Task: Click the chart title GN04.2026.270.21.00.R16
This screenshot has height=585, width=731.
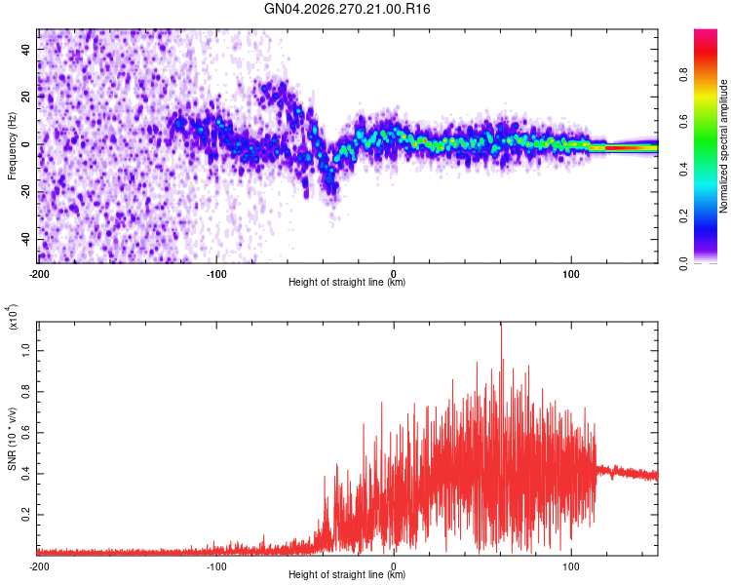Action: click(x=347, y=9)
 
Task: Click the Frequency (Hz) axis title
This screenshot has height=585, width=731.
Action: click(x=12, y=146)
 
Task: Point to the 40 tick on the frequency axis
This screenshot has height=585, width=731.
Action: click(x=26, y=49)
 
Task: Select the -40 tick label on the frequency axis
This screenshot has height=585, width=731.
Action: click(x=26, y=239)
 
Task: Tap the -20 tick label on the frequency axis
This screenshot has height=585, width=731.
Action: click(x=26, y=192)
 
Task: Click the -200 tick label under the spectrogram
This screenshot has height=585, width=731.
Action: click(x=39, y=274)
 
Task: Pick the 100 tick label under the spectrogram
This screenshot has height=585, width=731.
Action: click(x=571, y=274)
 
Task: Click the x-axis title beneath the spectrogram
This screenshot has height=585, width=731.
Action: click(x=347, y=282)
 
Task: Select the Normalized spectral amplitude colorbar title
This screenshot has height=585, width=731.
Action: click(x=723, y=146)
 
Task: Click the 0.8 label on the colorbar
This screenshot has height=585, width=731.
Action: click(x=684, y=74)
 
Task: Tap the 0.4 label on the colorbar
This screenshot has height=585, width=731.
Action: click(x=684, y=170)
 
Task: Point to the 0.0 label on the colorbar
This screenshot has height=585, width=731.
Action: click(x=684, y=263)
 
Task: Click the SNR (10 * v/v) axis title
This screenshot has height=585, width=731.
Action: click(x=12, y=439)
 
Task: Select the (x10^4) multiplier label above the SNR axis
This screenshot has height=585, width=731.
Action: click(x=13, y=317)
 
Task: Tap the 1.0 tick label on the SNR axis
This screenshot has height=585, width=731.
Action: click(x=26, y=351)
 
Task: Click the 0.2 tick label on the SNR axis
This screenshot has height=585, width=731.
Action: click(x=26, y=515)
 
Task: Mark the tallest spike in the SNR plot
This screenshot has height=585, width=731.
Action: click(x=501, y=325)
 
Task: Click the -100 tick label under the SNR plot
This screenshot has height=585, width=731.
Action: click(x=216, y=566)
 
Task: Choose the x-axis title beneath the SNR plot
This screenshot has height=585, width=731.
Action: click(x=347, y=574)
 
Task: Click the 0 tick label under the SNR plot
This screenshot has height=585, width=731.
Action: click(x=394, y=566)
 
